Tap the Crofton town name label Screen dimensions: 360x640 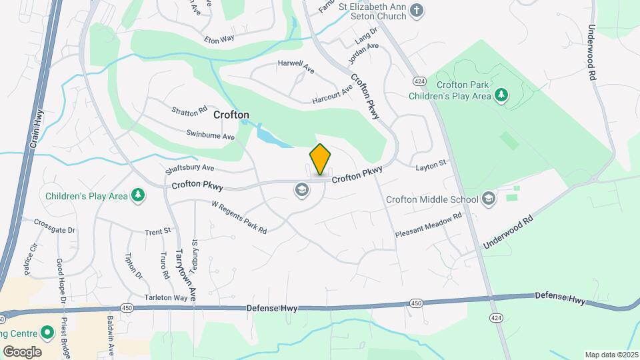(231, 115)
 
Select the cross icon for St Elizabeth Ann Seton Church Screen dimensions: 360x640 (417, 10)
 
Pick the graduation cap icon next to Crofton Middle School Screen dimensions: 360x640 (489, 198)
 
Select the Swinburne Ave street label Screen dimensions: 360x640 (211, 135)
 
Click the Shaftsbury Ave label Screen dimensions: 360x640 (189, 168)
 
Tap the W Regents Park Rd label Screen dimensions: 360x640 (239, 217)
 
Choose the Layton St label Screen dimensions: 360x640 (430, 166)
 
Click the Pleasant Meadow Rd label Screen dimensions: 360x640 (429, 226)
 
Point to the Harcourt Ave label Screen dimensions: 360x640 (332, 96)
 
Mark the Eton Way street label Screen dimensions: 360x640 (219, 39)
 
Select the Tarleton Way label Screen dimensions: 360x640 (167, 297)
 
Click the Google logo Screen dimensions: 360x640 (22, 351)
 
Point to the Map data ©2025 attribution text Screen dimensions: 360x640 (610, 355)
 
